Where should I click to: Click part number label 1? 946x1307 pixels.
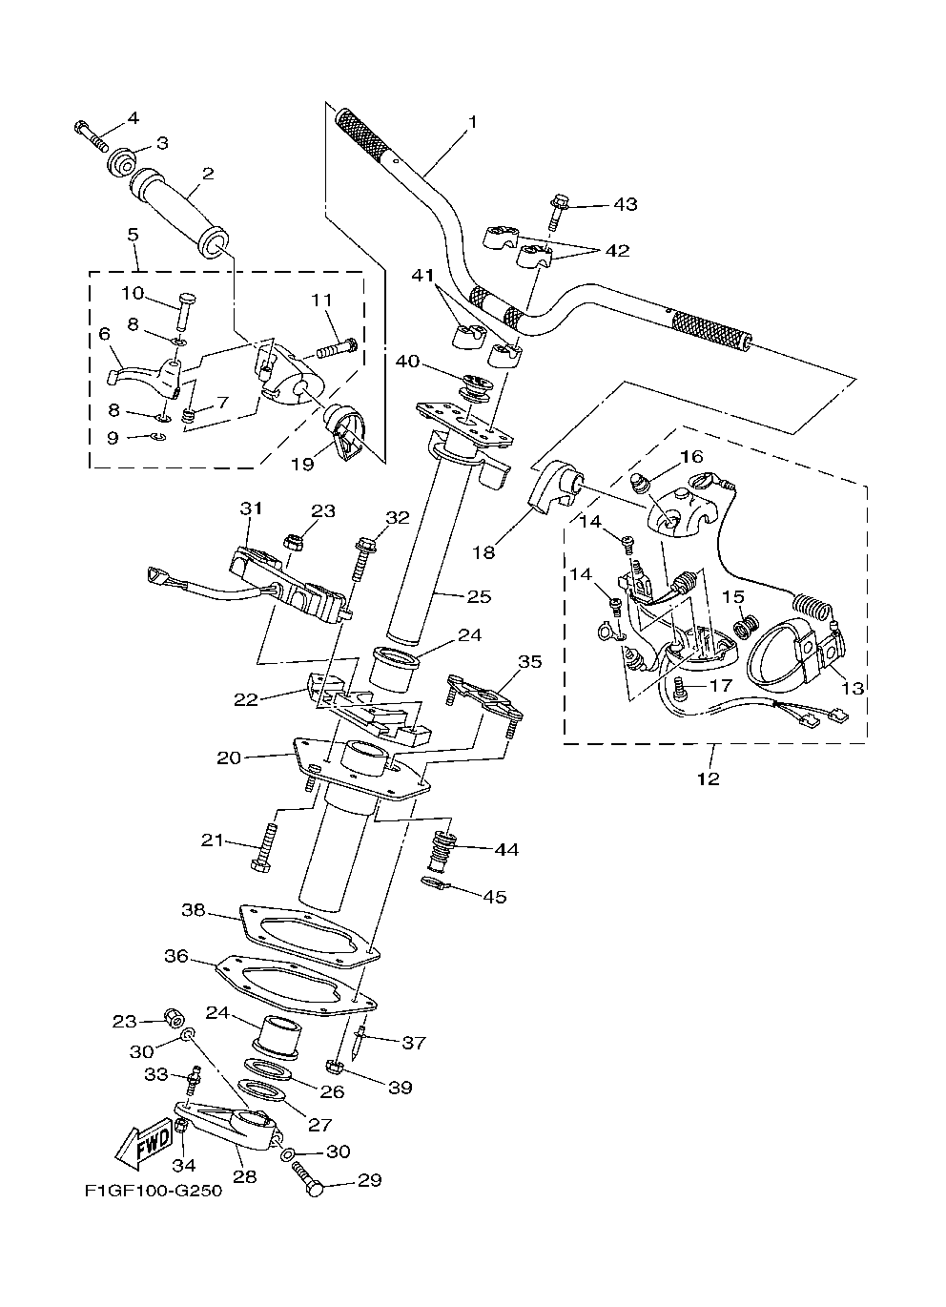click(x=471, y=122)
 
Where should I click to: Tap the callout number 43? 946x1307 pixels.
click(x=626, y=204)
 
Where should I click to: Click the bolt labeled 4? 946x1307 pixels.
click(x=91, y=135)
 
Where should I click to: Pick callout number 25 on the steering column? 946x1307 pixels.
click(x=479, y=596)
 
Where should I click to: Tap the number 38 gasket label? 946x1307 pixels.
click(x=194, y=910)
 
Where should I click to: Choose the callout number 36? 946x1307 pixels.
click(x=175, y=955)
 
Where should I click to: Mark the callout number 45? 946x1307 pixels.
click(x=495, y=896)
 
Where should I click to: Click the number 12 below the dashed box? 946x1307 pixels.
click(x=708, y=778)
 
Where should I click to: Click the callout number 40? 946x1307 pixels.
click(x=408, y=362)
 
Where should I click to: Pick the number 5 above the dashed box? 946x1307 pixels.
click(x=132, y=234)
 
